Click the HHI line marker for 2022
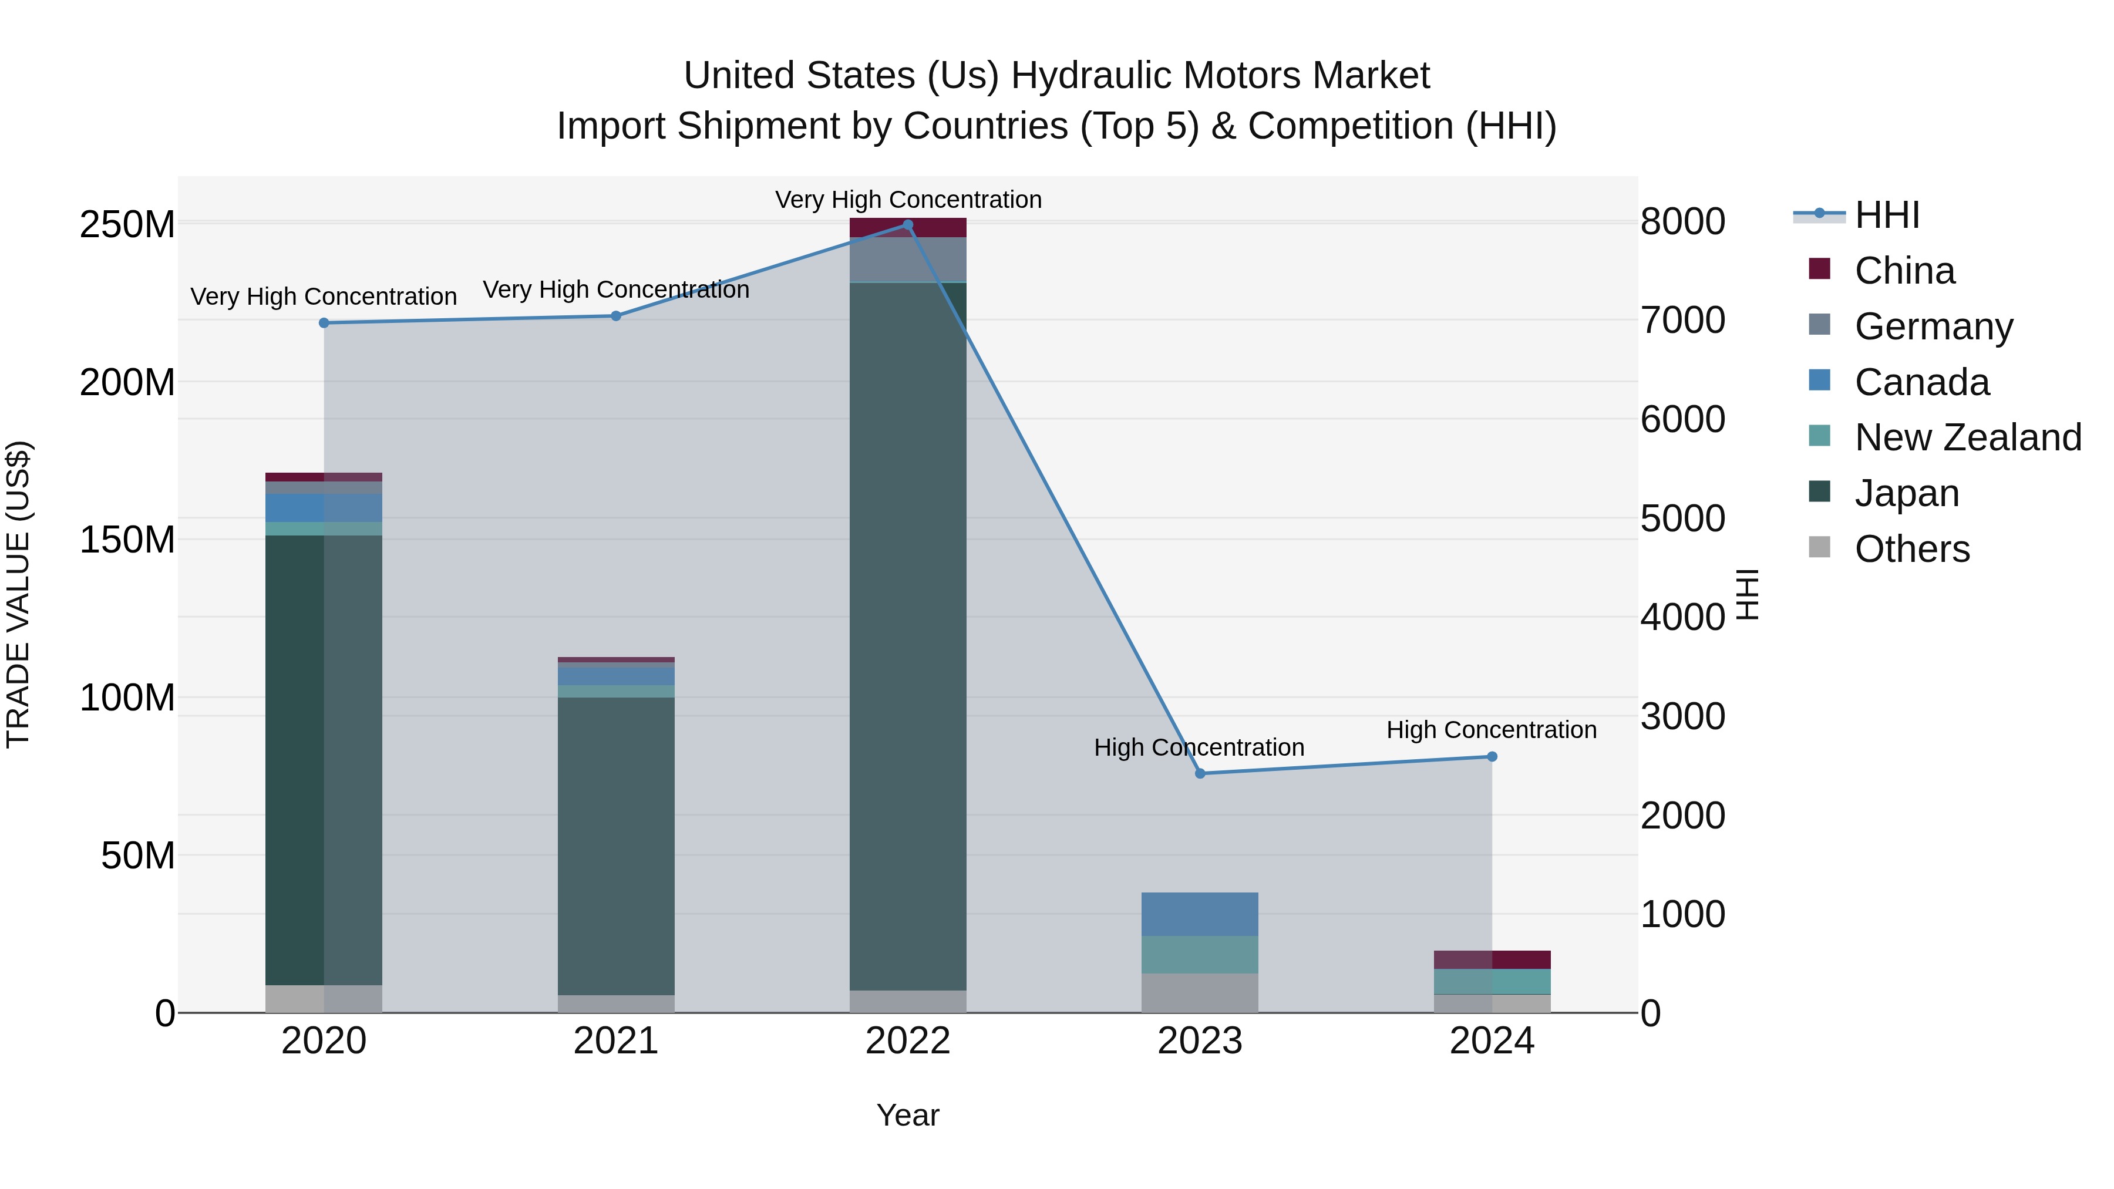pos(908,225)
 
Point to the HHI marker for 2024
pos(1492,757)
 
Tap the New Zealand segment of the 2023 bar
pos(1200,954)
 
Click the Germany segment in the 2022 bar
pos(908,260)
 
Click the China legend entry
pos(1904,271)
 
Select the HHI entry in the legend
pos(1886,215)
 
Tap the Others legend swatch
pos(1819,547)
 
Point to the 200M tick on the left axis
pos(127,382)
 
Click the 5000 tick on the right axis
pos(1682,518)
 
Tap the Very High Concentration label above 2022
pos(908,200)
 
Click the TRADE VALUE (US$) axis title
pos(18,594)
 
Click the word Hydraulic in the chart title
pos(1090,76)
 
